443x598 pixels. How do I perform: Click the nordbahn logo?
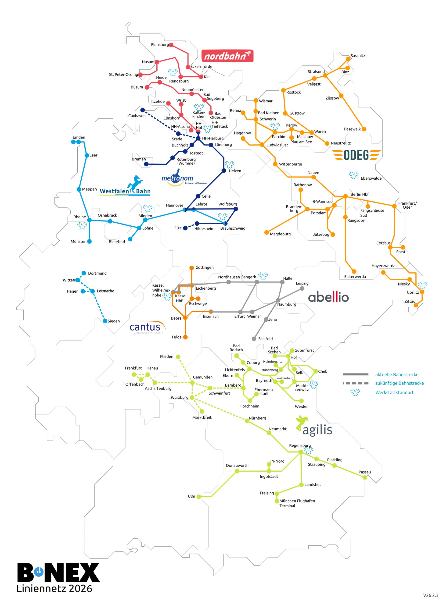click(x=227, y=56)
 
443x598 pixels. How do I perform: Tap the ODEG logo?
click(x=356, y=155)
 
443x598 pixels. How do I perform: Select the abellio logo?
click(x=328, y=297)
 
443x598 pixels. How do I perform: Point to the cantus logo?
click(x=148, y=327)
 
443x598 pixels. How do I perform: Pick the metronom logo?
click(x=177, y=178)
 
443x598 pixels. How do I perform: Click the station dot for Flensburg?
click(x=171, y=45)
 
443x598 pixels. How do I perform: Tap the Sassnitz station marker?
click(x=348, y=59)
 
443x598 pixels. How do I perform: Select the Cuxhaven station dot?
click(x=143, y=110)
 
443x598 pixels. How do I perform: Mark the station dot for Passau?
click(x=365, y=477)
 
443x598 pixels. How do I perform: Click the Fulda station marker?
click(x=185, y=337)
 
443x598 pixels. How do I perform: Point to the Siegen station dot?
click(x=105, y=321)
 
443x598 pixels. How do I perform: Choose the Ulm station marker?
click(x=199, y=496)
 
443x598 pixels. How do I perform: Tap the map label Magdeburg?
click(x=280, y=234)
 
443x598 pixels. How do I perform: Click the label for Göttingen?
click(x=205, y=267)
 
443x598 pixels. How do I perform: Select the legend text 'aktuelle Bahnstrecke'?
click(x=397, y=374)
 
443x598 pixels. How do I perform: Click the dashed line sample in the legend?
click(x=356, y=383)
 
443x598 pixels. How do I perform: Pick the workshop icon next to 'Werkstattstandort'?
click(x=355, y=392)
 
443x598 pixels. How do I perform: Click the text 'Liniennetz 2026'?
click(x=54, y=589)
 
